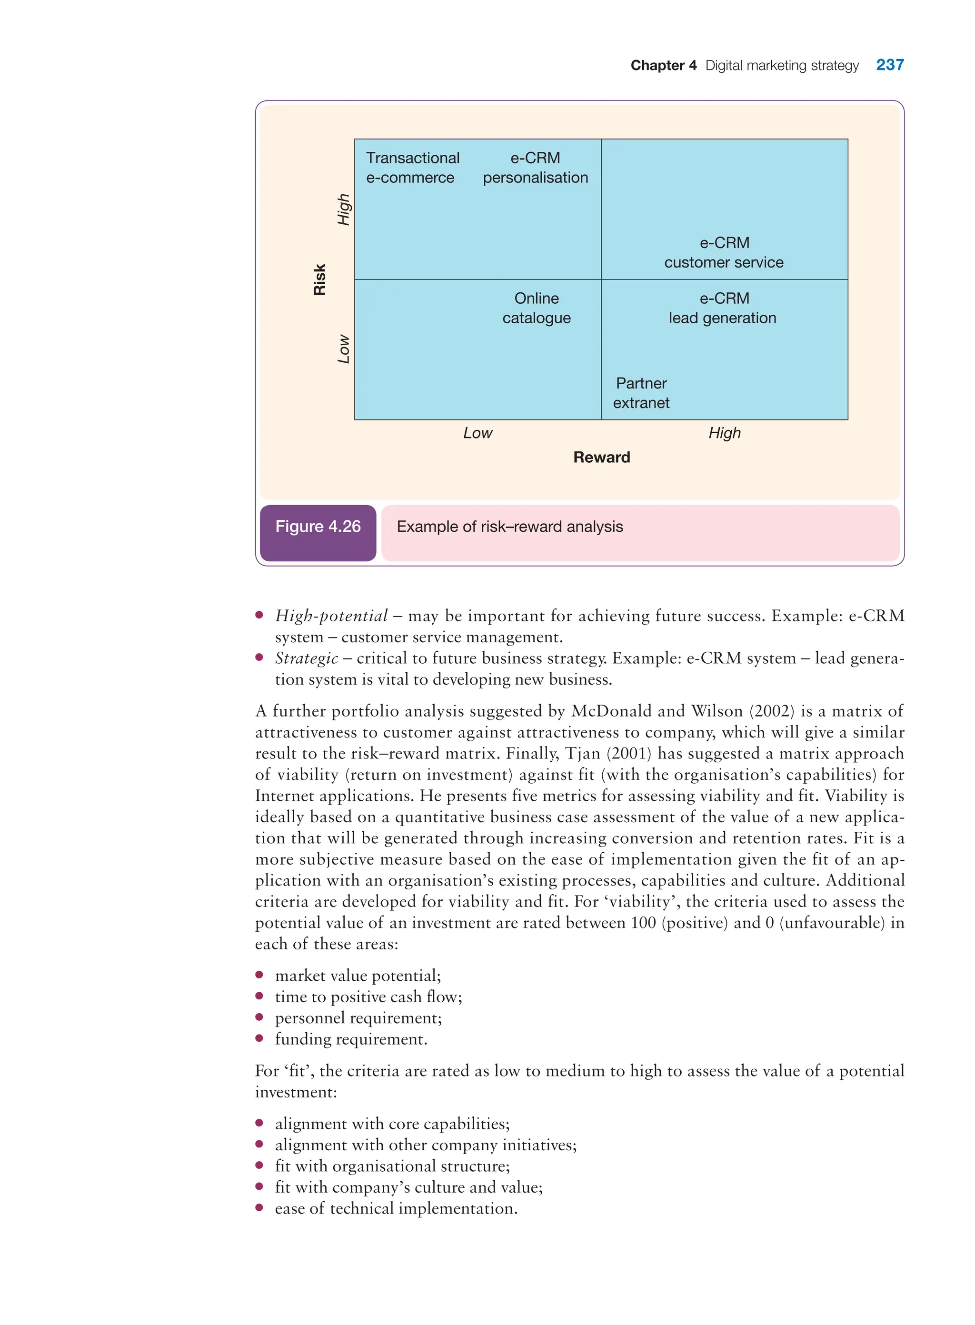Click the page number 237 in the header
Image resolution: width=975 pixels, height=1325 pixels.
tap(889, 65)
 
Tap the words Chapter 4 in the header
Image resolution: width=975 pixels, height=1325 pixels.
tap(663, 66)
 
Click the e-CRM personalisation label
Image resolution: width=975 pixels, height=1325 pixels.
tap(535, 168)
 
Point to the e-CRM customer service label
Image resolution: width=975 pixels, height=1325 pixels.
tap(724, 253)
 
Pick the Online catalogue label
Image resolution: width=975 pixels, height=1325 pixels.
tap(536, 308)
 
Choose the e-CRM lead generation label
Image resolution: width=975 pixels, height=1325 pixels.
tap(722, 308)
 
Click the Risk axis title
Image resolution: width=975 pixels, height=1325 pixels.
tap(319, 280)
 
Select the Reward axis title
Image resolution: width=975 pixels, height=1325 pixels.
tap(601, 458)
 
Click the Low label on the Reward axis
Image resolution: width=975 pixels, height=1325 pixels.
tap(478, 433)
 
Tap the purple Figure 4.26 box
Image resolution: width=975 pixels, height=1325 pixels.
tap(318, 527)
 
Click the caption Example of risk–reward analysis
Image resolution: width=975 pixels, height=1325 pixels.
tap(509, 527)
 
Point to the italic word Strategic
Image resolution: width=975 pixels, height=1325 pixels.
tap(306, 658)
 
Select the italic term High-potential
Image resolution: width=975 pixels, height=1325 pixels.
tap(331, 616)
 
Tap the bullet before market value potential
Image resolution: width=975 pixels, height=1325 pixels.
tap(259, 975)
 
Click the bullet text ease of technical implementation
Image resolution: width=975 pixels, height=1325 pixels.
tap(396, 1209)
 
